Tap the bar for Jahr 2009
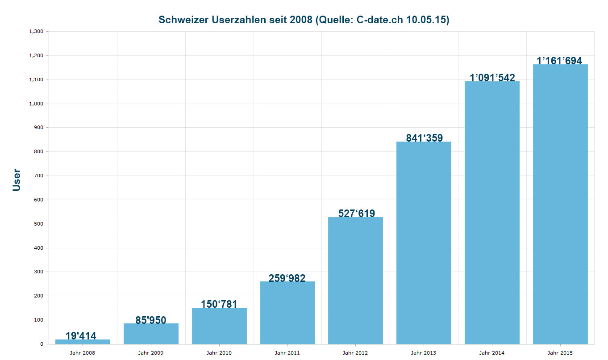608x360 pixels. tap(151, 334)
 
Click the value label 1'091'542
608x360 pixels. tap(492, 78)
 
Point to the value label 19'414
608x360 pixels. tap(81, 336)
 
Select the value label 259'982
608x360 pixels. tap(287, 278)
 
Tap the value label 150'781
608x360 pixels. tap(219, 304)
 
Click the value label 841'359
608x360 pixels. tap(424, 138)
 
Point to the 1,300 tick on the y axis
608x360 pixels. tap(36, 32)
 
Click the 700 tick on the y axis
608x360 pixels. tap(39, 176)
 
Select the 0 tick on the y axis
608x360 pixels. tap(42, 344)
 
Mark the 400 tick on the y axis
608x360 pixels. tap(39, 248)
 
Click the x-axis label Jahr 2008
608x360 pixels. tap(83, 353)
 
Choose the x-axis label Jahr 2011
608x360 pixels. tap(287, 353)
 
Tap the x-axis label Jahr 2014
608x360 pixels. tap(492, 353)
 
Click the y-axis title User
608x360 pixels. tap(17, 180)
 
